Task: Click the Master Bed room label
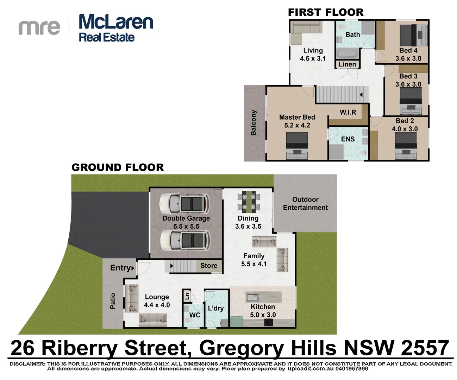pyautogui.click(x=297, y=117)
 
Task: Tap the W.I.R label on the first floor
pyautogui.click(x=348, y=112)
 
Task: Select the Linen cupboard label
pyautogui.click(x=347, y=64)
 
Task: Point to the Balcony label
pyautogui.click(x=253, y=123)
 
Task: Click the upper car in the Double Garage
pyautogui.click(x=184, y=204)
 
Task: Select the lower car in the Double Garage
pyautogui.click(x=185, y=241)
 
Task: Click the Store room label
pyautogui.click(x=209, y=266)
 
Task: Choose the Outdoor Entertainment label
pyautogui.click(x=305, y=203)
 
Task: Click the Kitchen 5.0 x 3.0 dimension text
pyautogui.click(x=263, y=315)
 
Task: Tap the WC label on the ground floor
pyautogui.click(x=194, y=315)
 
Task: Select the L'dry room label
pyautogui.click(x=215, y=308)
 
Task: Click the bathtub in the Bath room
pyautogui.click(x=347, y=54)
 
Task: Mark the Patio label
pyautogui.click(x=113, y=301)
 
